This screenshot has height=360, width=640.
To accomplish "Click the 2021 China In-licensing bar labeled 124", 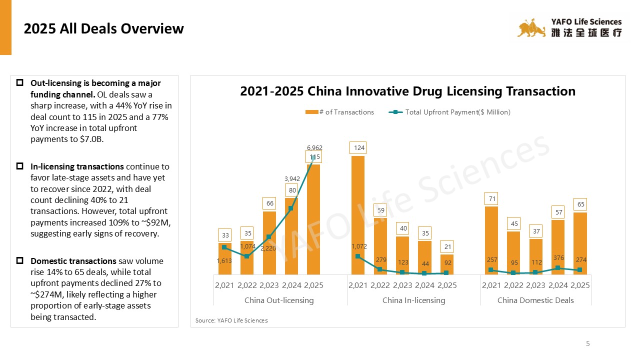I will pyautogui.click(x=358, y=215).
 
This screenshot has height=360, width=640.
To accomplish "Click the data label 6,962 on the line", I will pyautogui.click(x=314, y=148).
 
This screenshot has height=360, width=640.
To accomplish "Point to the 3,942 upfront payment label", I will pyautogui.click(x=292, y=178).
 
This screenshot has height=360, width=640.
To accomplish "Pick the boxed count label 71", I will pyautogui.click(x=491, y=199).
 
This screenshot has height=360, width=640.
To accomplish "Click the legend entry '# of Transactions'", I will pyautogui.click(x=340, y=112).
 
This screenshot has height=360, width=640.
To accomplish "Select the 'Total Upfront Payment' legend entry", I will pyautogui.click(x=449, y=112).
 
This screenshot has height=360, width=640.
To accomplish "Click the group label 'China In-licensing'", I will pyautogui.click(x=413, y=300).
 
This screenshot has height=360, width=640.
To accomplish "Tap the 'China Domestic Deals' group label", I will pyautogui.click(x=535, y=300).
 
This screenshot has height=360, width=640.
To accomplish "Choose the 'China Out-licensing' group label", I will pyautogui.click(x=279, y=300).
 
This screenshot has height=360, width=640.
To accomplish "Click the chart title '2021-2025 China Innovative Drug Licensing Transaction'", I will pyautogui.click(x=407, y=91).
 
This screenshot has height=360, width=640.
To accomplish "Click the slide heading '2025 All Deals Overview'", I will pyautogui.click(x=104, y=29).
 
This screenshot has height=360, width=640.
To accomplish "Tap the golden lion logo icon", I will pyautogui.click(x=531, y=28).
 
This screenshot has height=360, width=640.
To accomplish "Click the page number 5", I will pyautogui.click(x=588, y=343).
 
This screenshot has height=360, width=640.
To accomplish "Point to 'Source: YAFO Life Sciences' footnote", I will pyautogui.click(x=231, y=320).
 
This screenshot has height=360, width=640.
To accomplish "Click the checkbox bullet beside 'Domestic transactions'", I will pyautogui.click(x=20, y=261).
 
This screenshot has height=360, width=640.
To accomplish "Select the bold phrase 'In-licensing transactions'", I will pyautogui.click(x=77, y=166).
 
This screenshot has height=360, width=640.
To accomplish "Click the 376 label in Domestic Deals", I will pyautogui.click(x=558, y=258).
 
